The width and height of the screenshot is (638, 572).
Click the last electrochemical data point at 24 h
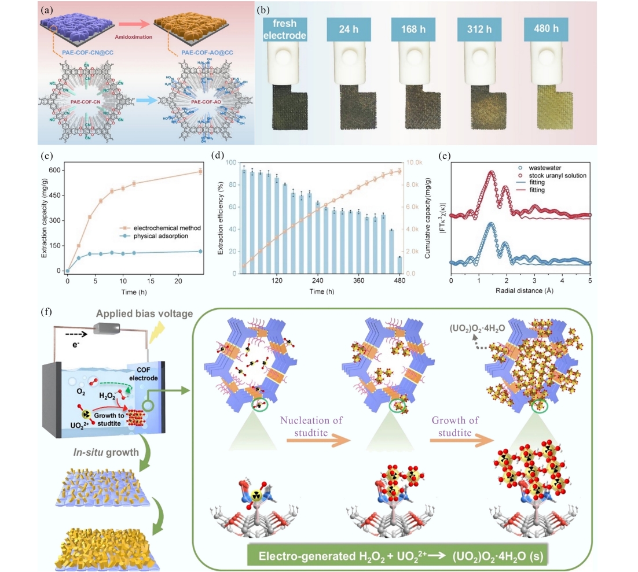point(200,171)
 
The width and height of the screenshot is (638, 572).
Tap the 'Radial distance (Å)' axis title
point(520,291)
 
